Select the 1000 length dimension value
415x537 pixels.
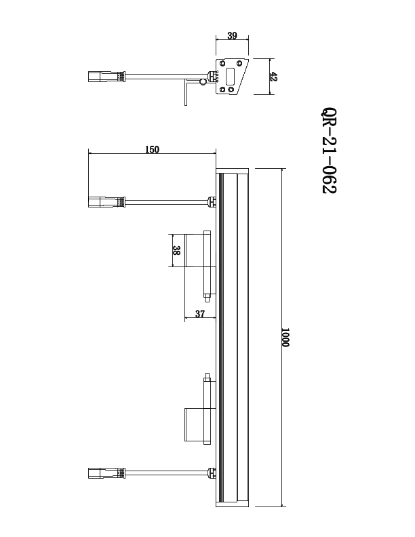[x=285, y=337]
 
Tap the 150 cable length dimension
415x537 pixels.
[x=152, y=150]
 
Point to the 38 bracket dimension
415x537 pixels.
[x=177, y=250]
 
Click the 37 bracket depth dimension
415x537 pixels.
[x=200, y=313]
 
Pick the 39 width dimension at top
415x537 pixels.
[x=232, y=35]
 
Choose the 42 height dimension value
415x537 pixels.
[x=273, y=76]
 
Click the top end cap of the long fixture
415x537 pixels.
[x=233, y=170]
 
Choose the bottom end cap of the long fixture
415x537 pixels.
[x=233, y=505]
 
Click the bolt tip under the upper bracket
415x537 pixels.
[x=206, y=296]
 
